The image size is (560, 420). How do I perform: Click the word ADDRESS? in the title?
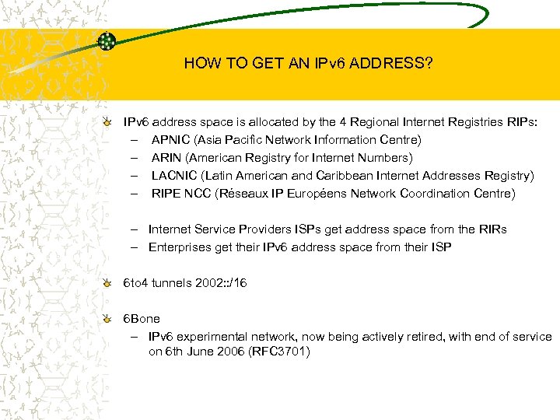pyautogui.click(x=392, y=64)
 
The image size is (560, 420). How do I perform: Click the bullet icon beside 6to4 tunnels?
pyautogui.click(x=114, y=283)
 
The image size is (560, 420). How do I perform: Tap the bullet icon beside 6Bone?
pyautogui.click(x=114, y=319)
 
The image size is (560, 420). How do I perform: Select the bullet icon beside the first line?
pyautogui.click(x=114, y=122)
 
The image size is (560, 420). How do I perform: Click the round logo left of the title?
pyautogui.click(x=107, y=41)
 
